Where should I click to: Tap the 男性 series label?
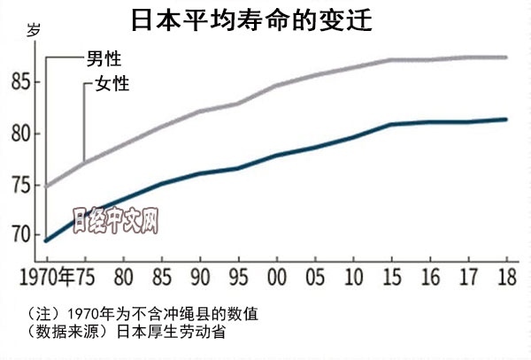(104, 59)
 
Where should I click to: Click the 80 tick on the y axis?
(19, 134)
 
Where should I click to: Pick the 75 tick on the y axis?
(19, 186)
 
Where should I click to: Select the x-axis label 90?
(200, 274)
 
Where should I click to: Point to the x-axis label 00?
(276, 274)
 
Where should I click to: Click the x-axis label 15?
(390, 274)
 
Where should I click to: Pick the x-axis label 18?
(505, 274)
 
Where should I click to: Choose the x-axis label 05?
(314, 274)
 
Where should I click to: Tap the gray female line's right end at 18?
(505, 57)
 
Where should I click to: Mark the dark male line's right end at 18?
(505, 119)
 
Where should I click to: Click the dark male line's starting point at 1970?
(45, 241)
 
